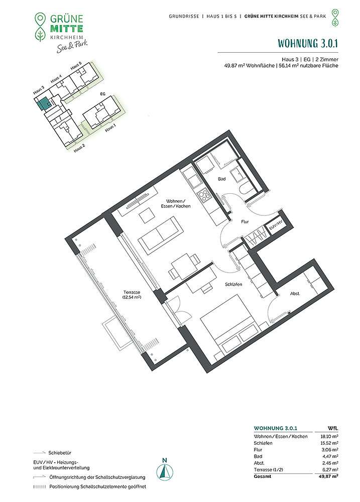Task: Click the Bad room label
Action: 221,179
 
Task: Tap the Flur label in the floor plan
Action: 245,221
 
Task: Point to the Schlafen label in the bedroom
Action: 233,284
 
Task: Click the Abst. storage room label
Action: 295,294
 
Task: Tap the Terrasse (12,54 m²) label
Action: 132,295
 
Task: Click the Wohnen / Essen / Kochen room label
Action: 176,204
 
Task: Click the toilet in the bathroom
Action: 246,190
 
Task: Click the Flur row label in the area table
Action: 258,449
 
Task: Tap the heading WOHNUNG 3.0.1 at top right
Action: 307,43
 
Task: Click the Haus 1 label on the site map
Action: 110,128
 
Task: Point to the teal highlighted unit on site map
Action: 43,103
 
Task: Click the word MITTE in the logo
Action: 67,29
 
